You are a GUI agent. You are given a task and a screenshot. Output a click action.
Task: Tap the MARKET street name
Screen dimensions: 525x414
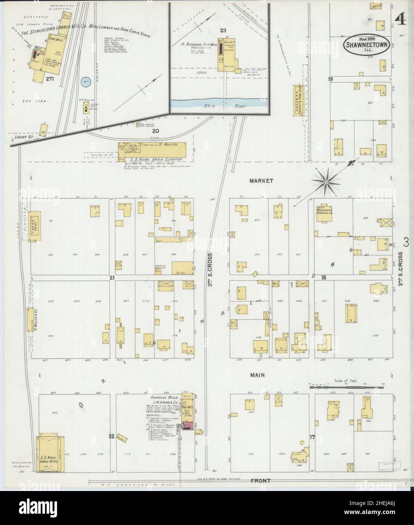tap(261, 181)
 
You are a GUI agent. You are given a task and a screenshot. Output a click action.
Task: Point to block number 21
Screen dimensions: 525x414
tap(111, 278)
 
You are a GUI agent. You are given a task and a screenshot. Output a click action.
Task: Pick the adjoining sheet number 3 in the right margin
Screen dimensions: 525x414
tap(406, 241)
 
